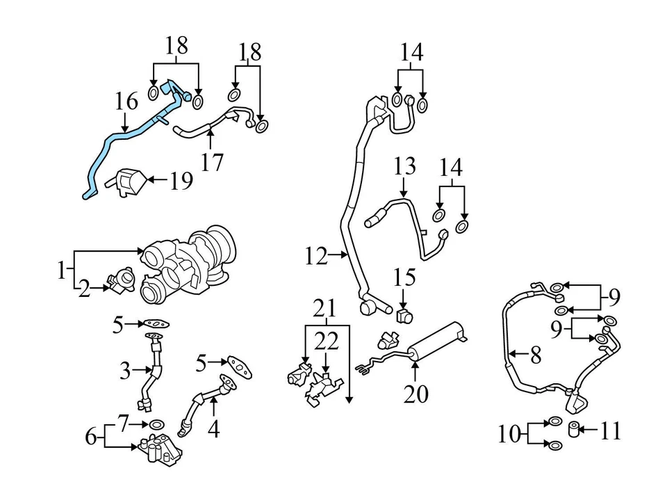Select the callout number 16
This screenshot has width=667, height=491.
[126, 103]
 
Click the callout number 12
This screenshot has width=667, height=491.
[315, 257]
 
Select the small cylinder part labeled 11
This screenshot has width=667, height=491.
[575, 428]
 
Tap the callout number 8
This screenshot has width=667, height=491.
[535, 356]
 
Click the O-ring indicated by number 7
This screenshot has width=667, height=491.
[156, 424]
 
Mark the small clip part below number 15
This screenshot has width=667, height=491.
[404, 317]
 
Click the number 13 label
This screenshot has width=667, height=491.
[404, 166]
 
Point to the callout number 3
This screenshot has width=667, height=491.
[124, 371]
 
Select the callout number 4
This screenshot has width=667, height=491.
[213, 429]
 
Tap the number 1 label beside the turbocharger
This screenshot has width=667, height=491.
[62, 269]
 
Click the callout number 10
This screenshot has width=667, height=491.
[509, 435]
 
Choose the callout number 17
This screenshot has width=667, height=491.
[212, 162]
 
